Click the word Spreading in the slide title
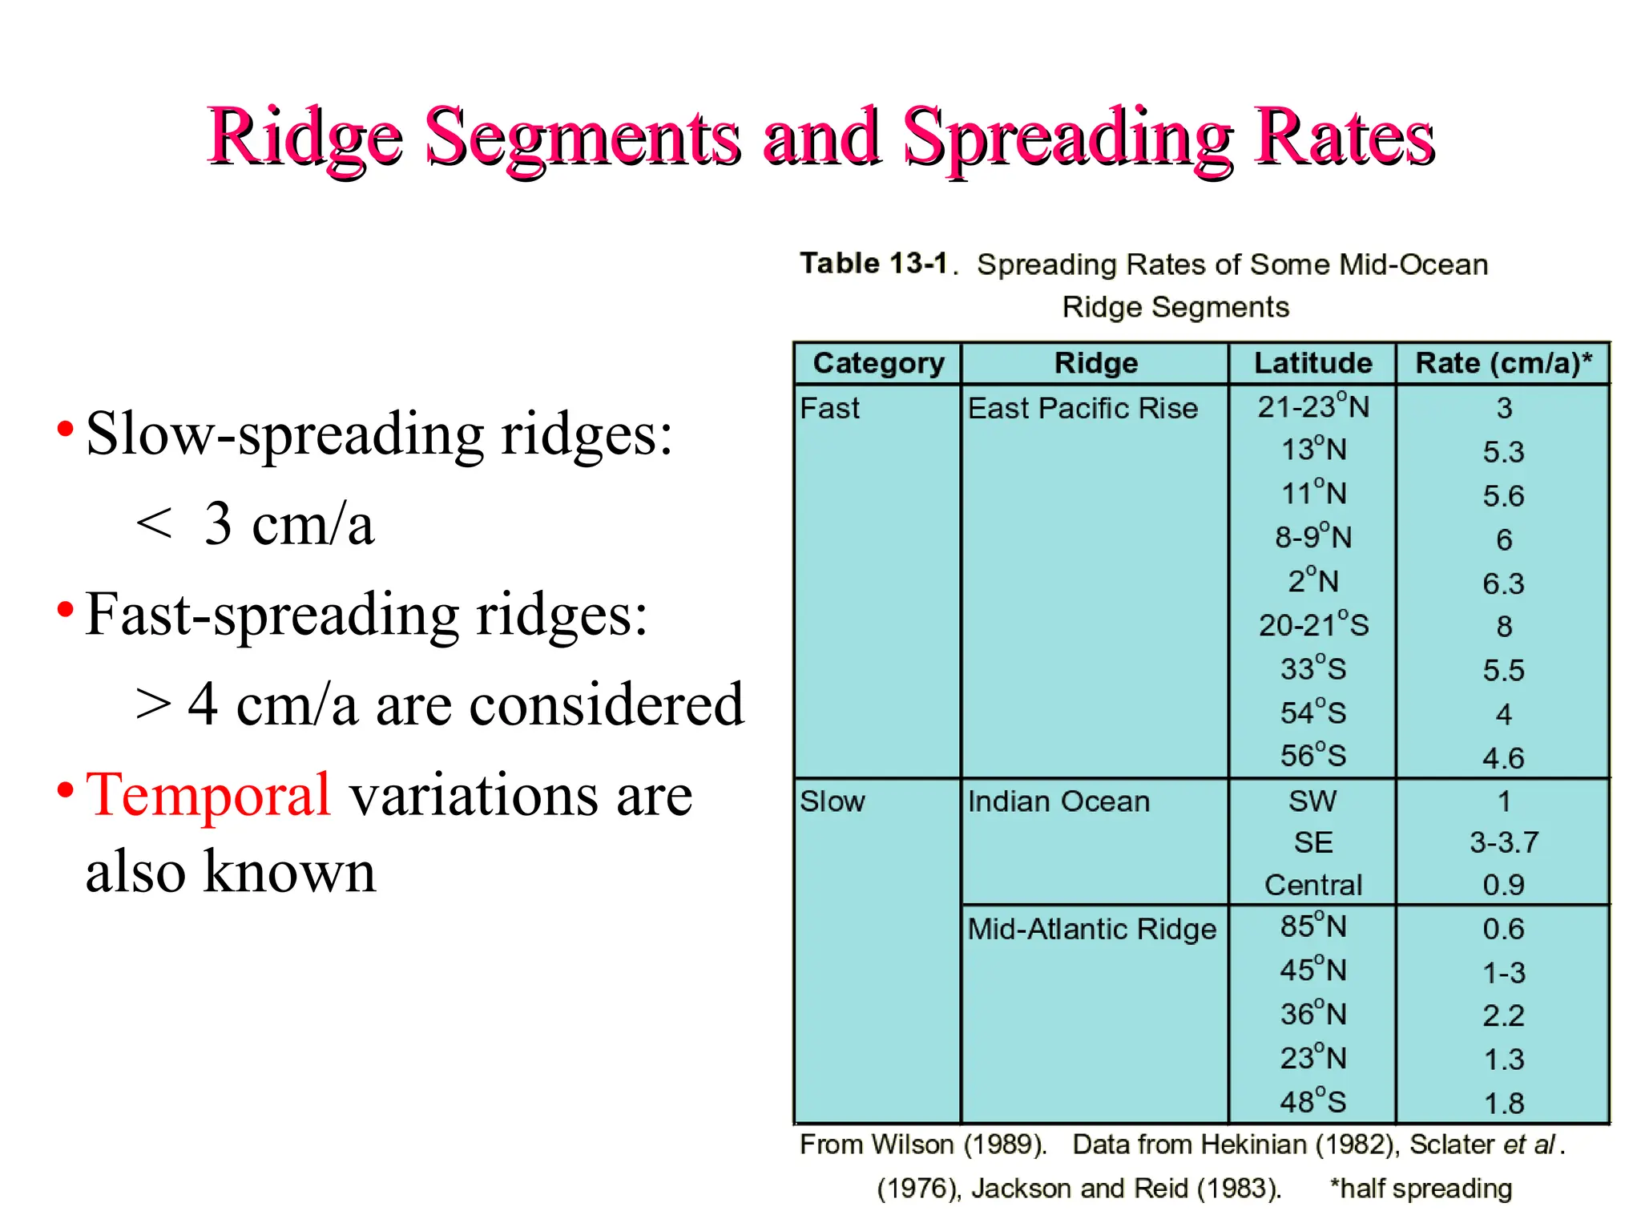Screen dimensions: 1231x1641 [1068, 138]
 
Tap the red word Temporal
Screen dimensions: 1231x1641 [208, 795]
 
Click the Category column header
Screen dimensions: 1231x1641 [878, 363]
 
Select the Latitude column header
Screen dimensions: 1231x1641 [1312, 363]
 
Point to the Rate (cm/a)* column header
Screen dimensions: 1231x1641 [1503, 363]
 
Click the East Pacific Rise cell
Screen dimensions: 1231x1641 [1083, 409]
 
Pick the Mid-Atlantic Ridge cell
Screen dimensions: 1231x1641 [1091, 929]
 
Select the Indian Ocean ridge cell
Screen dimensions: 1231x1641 [1058, 801]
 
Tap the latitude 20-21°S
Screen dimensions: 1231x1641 [1313, 625]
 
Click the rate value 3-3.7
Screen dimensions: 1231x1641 [1504, 842]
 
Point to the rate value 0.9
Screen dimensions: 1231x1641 [1503, 885]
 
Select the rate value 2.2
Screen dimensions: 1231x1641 [1503, 1015]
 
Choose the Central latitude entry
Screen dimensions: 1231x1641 [1313, 885]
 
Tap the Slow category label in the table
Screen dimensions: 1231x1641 [833, 801]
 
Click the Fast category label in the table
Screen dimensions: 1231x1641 [829, 409]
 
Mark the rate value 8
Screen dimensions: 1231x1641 [1504, 627]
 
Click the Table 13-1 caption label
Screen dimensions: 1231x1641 [873, 264]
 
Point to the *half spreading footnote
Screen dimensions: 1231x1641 [1421, 1189]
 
